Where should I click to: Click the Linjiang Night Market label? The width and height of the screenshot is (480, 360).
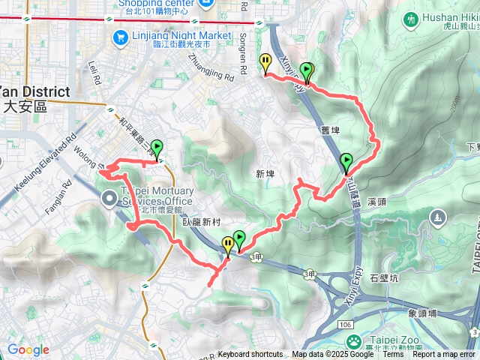tap(181, 35)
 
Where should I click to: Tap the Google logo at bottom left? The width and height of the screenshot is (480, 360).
tap(28, 349)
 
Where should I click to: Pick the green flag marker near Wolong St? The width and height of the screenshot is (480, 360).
tap(157, 148)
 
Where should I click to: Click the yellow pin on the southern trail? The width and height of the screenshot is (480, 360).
tap(228, 244)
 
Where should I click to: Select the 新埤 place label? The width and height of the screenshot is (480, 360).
tap(265, 174)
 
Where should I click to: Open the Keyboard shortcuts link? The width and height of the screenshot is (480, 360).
tap(250, 355)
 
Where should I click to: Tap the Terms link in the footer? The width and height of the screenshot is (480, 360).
tap(392, 355)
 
